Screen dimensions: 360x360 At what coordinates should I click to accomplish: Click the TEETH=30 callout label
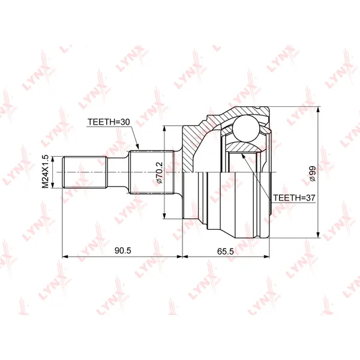[109, 122]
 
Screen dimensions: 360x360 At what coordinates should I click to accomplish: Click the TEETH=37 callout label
[294, 197]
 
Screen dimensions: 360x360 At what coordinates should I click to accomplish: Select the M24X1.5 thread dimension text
[46, 172]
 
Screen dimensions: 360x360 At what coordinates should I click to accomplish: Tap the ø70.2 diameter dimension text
[159, 173]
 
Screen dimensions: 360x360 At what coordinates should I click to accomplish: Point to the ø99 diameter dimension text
[313, 173]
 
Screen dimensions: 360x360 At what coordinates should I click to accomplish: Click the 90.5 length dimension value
[123, 251]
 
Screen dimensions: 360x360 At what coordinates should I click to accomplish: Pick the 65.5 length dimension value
[226, 251]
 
